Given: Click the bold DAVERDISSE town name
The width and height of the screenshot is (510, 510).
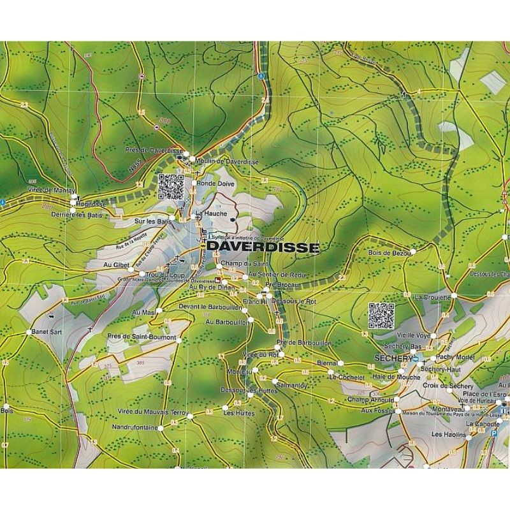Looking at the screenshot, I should (x=263, y=247).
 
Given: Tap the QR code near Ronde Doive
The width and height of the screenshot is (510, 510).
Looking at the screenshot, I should (x=170, y=187).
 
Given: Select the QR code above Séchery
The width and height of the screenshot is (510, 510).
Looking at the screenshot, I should (x=381, y=314).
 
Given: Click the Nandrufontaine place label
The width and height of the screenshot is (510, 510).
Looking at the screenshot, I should (x=134, y=427).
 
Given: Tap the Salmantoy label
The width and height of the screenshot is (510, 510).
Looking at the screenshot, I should (x=293, y=386).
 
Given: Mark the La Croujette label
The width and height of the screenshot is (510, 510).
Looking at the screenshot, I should (x=433, y=297).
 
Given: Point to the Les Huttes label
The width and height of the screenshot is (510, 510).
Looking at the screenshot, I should (x=238, y=414).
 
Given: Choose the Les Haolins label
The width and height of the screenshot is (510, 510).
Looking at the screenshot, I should (x=446, y=435).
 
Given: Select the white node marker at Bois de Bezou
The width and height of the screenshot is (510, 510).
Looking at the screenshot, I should (x=413, y=252).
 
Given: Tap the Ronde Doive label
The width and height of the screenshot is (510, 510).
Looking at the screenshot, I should (x=217, y=184).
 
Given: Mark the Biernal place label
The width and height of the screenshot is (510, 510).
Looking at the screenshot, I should (x=326, y=363).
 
